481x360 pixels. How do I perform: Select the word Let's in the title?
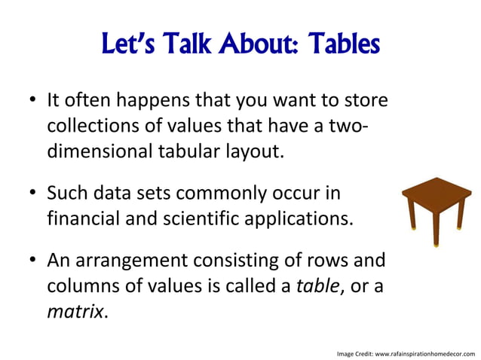(x=129, y=47)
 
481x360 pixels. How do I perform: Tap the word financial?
(x=81, y=218)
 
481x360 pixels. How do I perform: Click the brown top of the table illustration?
(x=436, y=190)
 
